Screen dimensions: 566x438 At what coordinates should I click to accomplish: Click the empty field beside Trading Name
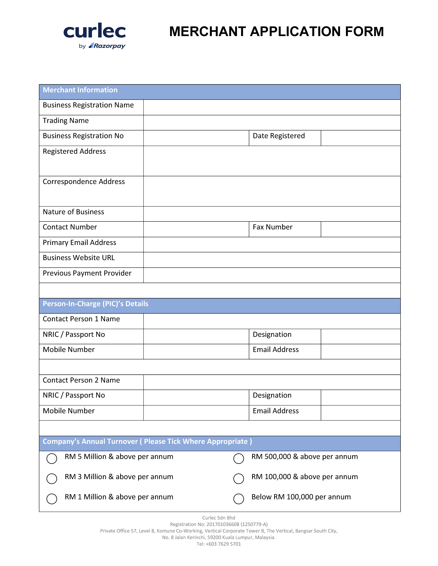(x=272, y=123)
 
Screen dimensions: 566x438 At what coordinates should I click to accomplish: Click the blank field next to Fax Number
(x=360, y=229)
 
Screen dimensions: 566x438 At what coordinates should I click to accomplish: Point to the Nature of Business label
(x=73, y=212)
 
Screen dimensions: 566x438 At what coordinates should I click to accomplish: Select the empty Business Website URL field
(x=272, y=260)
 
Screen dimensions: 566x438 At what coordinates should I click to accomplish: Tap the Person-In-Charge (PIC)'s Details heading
(x=95, y=304)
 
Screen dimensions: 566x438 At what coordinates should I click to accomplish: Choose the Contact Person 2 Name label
(x=81, y=380)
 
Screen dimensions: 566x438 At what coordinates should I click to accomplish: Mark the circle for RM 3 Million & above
(x=52, y=479)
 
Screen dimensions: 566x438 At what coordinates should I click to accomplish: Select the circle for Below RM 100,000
(x=238, y=499)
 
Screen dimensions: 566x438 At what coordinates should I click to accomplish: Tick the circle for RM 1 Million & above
(x=52, y=499)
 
